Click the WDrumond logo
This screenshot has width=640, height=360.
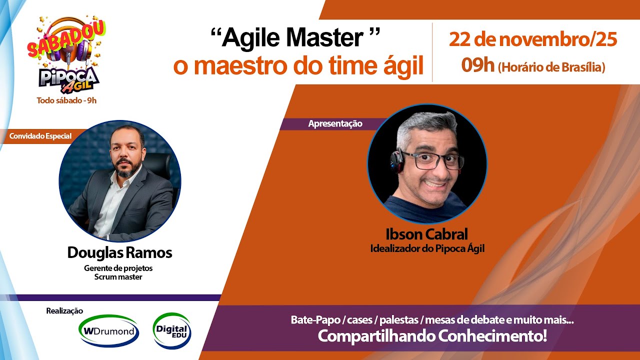(x=108, y=331)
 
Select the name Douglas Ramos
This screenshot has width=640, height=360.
(x=119, y=253)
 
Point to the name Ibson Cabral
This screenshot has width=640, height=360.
(x=427, y=234)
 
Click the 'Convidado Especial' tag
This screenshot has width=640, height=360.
(x=40, y=136)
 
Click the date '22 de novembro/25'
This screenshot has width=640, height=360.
(x=532, y=39)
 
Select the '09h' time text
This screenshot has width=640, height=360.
(x=477, y=65)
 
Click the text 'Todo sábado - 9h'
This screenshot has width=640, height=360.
(x=66, y=100)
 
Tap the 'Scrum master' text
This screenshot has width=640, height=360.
(x=118, y=277)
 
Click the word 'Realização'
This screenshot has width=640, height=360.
(x=64, y=311)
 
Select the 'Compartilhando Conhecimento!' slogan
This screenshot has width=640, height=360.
(x=432, y=336)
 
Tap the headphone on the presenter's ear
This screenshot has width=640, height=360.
(x=397, y=161)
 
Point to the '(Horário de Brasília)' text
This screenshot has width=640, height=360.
(x=551, y=66)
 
